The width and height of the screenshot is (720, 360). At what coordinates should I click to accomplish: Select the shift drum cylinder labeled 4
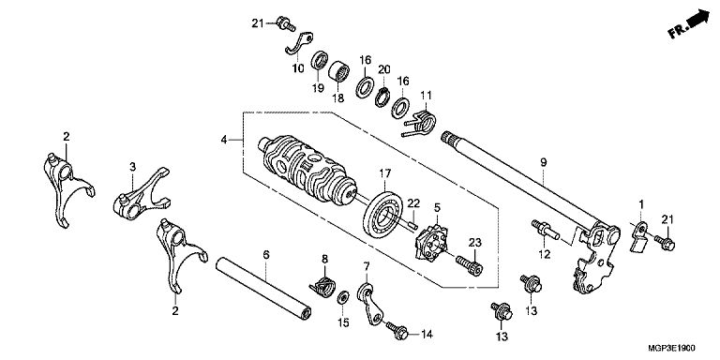tap(307, 170)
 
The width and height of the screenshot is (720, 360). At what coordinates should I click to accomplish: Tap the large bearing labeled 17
tap(382, 215)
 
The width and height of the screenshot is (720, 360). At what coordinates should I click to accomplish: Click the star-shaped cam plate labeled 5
tap(431, 244)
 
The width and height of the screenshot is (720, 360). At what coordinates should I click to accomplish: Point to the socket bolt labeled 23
tap(469, 265)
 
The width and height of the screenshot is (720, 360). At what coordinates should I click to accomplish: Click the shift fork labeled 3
tap(142, 194)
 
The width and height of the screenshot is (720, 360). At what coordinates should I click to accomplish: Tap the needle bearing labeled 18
tap(338, 71)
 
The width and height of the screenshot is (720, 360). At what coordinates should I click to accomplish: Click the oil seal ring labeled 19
tap(320, 61)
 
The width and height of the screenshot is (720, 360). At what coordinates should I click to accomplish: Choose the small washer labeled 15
tap(343, 297)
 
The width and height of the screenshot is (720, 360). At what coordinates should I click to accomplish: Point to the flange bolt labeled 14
tap(397, 330)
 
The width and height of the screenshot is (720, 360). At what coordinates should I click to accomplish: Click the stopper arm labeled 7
tap(370, 304)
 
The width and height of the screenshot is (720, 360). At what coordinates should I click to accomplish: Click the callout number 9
tap(543, 162)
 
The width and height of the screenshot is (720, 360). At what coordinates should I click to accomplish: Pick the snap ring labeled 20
tap(382, 97)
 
